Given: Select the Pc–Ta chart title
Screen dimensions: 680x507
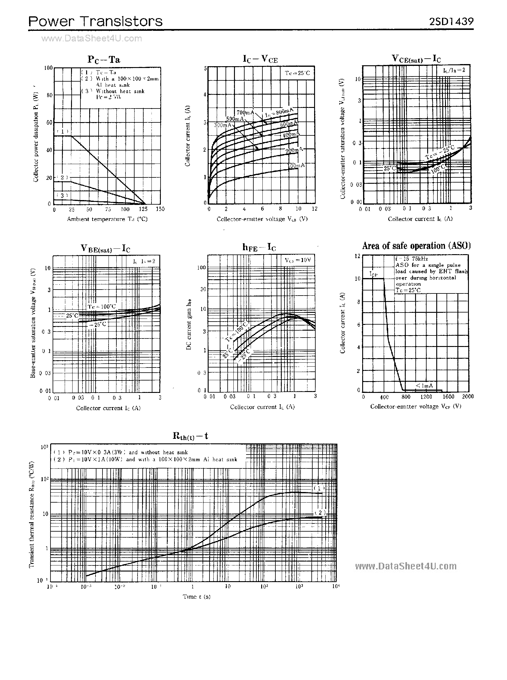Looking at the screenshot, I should (x=104, y=59).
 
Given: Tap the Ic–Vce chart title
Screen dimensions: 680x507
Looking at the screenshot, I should (x=260, y=59).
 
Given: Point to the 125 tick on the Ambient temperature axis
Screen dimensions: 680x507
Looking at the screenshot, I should (x=143, y=209).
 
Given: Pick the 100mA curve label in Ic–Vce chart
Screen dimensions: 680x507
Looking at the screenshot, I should (x=296, y=166).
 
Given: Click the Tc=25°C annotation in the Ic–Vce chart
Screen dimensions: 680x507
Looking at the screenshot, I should (x=297, y=73).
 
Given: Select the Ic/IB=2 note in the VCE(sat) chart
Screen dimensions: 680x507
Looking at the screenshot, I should (x=454, y=70).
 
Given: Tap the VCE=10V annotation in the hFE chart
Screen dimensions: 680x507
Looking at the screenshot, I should (x=298, y=260).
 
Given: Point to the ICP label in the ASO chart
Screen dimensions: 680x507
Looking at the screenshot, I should (x=373, y=274).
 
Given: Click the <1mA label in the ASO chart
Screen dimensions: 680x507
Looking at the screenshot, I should (x=424, y=386).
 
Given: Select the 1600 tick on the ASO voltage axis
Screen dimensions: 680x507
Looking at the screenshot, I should (x=448, y=397).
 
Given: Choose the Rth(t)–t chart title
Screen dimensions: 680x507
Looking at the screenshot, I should (x=190, y=436).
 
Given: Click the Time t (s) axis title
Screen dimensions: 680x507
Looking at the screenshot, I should (x=197, y=597).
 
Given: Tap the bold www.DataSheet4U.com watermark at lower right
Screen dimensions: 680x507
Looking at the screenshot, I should (x=406, y=566).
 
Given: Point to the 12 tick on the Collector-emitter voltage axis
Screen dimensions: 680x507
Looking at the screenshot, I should (x=314, y=209).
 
